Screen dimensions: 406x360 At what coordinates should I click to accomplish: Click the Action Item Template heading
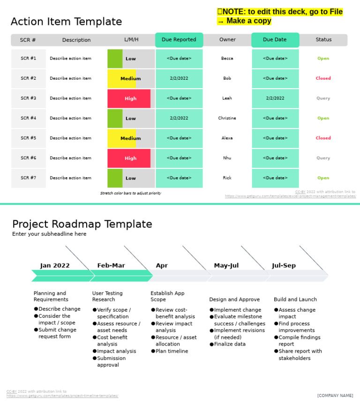pos(66,22)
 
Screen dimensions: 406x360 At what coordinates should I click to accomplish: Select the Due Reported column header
pos(179,40)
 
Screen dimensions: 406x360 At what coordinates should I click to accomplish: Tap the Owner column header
pos(227,40)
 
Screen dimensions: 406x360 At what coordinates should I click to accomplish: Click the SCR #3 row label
pos(28,98)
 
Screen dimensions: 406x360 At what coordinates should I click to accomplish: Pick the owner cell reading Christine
pos(227,118)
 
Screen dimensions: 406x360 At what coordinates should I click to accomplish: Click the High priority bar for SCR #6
pos(130,158)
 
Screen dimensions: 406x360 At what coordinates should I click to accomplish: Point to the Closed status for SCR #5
pos(323,138)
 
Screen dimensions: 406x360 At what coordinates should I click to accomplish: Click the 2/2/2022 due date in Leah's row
pos(275,98)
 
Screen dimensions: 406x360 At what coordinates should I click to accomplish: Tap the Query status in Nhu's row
pos(323,158)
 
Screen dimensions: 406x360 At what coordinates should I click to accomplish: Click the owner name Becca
pos(227,59)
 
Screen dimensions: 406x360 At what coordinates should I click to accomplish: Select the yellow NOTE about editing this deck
pos(280,16)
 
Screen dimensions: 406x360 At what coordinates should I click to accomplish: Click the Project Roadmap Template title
pos(82,224)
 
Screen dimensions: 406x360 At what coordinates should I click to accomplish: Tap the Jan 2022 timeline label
pos(55,265)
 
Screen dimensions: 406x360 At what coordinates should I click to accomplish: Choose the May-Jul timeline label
pos(226,265)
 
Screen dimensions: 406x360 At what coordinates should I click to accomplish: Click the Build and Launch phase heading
pos(295,300)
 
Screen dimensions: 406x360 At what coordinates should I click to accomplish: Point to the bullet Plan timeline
pos(172,351)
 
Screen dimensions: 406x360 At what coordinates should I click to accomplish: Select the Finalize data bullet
pos(230,344)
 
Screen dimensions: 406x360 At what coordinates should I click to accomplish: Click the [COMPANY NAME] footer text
pos(335,396)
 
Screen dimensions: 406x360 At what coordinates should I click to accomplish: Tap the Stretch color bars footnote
pos(130,193)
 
